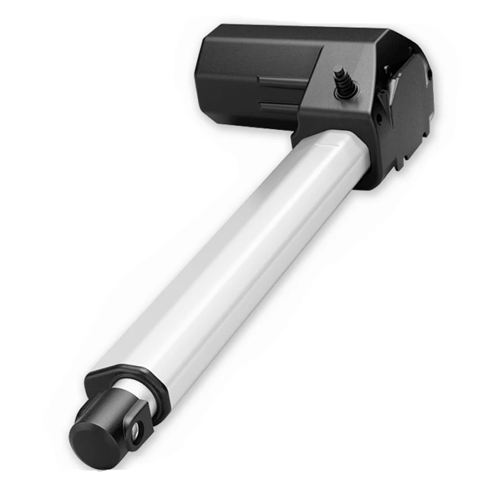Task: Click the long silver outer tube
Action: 237,261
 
